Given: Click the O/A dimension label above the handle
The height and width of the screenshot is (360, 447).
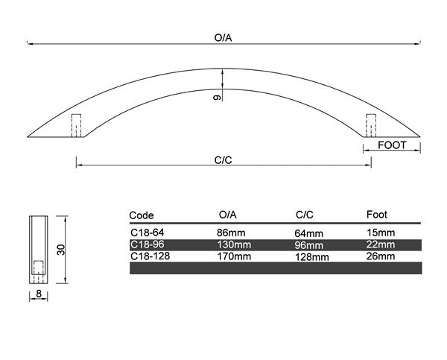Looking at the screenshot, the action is pos(223,38).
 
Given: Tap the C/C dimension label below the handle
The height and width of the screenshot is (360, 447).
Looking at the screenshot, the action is pos(223,160).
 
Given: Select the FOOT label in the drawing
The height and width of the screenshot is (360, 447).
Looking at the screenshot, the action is pos(392,145).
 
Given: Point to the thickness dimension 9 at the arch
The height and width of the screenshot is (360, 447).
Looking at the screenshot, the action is pos(217,98).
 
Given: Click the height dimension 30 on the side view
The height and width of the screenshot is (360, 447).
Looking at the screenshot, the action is pos(61,250).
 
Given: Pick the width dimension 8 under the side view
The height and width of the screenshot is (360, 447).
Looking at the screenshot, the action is pos(39,293).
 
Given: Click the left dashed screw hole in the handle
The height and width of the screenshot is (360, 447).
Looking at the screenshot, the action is pos(76,125).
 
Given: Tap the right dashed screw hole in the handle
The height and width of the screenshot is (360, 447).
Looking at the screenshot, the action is pos(371,125).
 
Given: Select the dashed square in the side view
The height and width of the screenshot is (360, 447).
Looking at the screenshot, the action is pos(39,268).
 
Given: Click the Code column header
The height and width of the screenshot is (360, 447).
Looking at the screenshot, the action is pos(142,215).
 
